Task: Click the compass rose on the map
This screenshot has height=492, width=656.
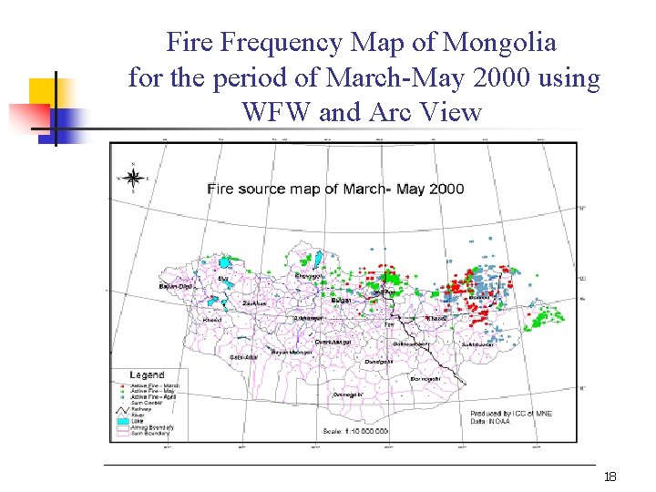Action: pyautogui.click(x=133, y=178)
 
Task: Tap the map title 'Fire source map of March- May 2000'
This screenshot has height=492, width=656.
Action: pyautogui.click(x=335, y=189)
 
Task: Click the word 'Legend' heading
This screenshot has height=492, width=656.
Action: pyautogui.click(x=148, y=374)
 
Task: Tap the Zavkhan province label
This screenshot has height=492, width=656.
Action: pyautogui.click(x=254, y=302)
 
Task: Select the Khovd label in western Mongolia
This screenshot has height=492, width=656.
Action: pyautogui.click(x=211, y=320)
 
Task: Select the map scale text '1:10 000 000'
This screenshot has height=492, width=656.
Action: pyautogui.click(x=356, y=431)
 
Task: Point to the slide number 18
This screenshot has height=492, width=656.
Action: pyautogui.click(x=610, y=477)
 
